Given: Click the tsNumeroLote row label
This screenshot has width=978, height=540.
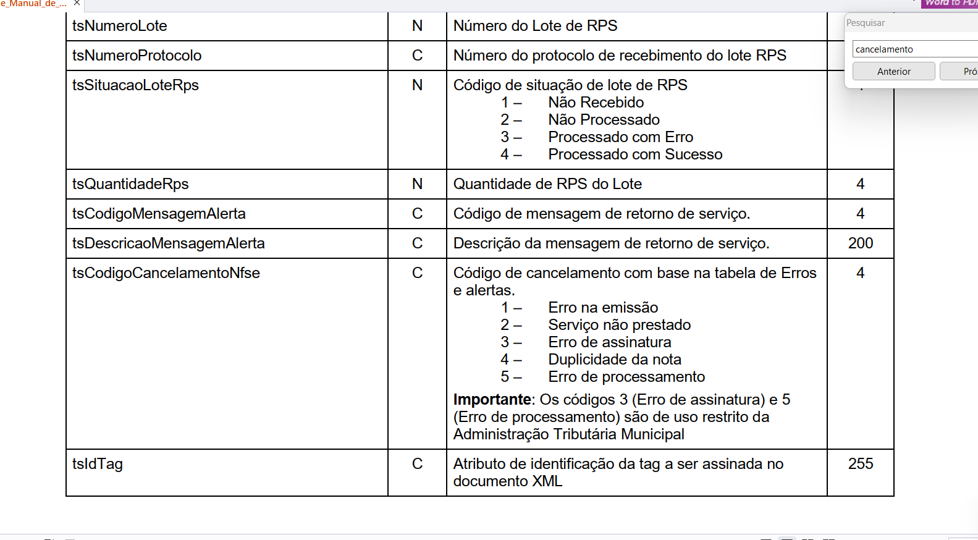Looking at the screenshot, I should (x=120, y=26).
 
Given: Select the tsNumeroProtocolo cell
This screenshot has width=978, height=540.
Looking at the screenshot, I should (x=137, y=56).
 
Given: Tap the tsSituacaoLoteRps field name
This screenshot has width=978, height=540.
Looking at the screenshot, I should (x=135, y=85).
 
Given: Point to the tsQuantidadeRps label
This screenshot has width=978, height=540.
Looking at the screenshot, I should (x=130, y=184).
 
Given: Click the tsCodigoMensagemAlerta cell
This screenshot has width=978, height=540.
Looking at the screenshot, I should (x=159, y=214).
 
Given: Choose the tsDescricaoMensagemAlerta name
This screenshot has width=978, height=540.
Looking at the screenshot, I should (x=168, y=243).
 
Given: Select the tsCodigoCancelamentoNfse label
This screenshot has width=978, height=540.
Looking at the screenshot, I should (x=166, y=273).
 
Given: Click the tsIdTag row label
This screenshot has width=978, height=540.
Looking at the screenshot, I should (x=98, y=464).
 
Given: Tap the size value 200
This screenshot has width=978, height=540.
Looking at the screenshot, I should (x=860, y=243).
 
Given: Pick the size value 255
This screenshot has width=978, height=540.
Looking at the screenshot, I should (x=860, y=464).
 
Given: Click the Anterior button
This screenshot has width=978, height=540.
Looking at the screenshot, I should (x=893, y=72).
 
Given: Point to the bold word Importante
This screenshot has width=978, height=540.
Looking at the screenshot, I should (x=492, y=400).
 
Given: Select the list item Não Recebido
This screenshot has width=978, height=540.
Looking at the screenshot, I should (x=596, y=103).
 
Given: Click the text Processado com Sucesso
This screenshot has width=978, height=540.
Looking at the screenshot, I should (x=635, y=154).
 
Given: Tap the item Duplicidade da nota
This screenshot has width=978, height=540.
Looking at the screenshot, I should (x=615, y=360).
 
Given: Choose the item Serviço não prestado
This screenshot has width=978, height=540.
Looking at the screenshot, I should (x=619, y=325).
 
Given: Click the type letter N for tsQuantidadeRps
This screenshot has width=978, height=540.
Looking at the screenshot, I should (x=418, y=184).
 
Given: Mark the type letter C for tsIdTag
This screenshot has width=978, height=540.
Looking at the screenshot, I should (x=418, y=464).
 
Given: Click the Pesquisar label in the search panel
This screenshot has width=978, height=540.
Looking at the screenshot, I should (x=866, y=23).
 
